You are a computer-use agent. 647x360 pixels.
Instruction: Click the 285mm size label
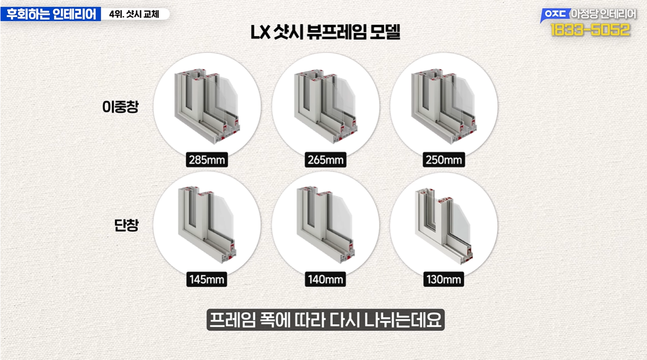pos(207,160)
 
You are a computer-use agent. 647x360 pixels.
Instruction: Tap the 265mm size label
pos(325,160)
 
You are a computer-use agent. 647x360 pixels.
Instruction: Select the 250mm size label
pos(444,160)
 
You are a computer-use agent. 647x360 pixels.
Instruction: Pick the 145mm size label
pos(207,279)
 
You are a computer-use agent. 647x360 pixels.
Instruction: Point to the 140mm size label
pos(325,279)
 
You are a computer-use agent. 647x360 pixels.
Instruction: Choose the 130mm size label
pos(444,279)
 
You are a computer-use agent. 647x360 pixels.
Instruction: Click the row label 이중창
pos(120,107)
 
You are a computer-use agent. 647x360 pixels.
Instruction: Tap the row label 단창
pos(127,225)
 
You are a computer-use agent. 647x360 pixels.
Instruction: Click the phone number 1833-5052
pos(590,30)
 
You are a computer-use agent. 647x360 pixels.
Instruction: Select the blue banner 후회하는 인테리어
pos(51,14)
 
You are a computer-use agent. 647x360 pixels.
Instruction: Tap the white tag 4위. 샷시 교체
pos(134,14)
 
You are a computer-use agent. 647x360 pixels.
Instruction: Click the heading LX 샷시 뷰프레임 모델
pos(325,32)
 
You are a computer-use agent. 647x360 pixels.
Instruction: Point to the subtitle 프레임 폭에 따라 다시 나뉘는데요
pos(325,320)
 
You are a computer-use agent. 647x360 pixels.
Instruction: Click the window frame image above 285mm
pos(207,106)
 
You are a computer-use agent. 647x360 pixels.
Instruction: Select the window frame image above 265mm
pos(325,106)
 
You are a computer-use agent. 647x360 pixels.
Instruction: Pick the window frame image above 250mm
pos(444,106)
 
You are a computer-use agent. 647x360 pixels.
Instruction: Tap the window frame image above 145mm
pos(207,225)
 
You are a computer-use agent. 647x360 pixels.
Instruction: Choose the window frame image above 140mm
pos(325,225)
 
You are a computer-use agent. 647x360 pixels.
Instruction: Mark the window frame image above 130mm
pos(444,226)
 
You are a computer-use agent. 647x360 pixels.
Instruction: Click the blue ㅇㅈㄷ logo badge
pos(555,15)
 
